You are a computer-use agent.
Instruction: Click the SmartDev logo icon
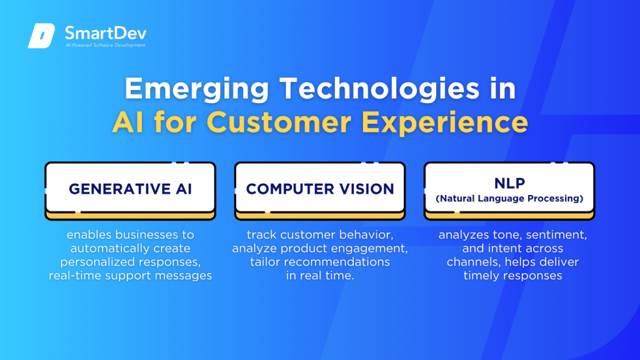(x=42, y=36)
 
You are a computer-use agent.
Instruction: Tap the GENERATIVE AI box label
(x=130, y=189)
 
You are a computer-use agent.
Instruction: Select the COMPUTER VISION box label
(x=320, y=189)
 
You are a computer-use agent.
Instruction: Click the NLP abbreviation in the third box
(x=509, y=183)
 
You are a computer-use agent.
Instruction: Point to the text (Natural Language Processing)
(x=509, y=199)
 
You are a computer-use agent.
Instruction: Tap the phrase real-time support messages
(x=130, y=276)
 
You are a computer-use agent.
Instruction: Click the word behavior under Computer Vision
(x=363, y=235)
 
